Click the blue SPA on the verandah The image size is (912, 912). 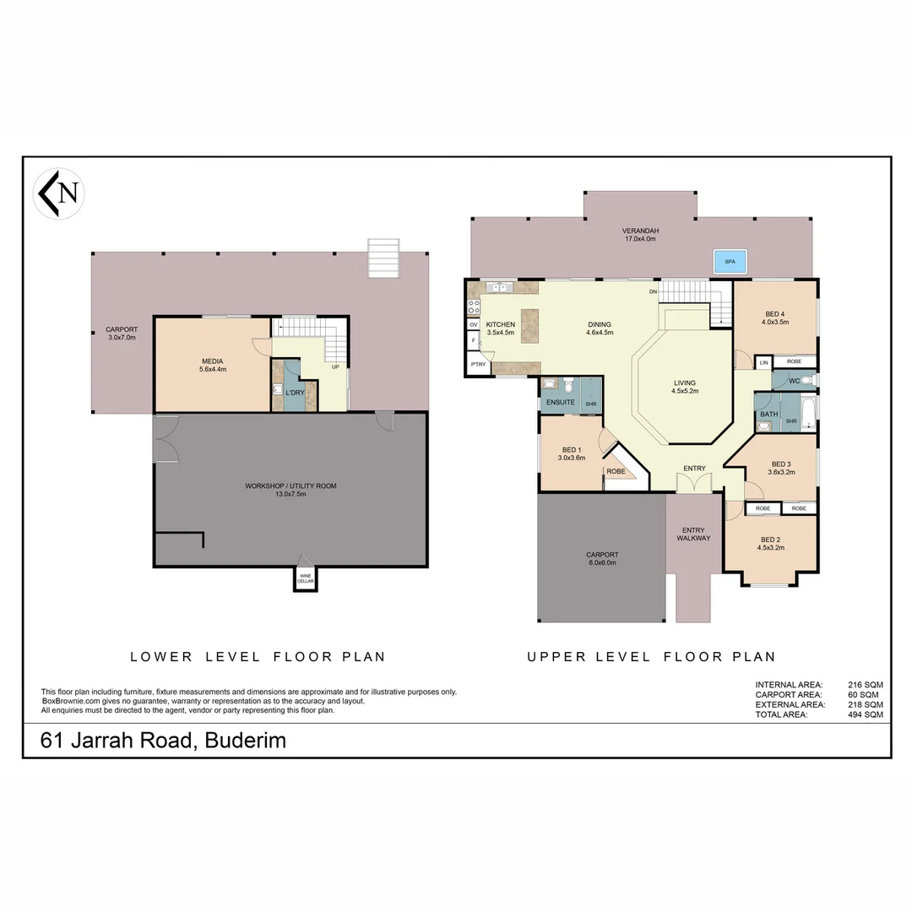click(730, 263)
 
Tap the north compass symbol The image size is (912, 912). click(58, 193)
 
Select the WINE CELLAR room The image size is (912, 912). click(305, 578)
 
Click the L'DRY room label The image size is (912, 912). click(295, 393)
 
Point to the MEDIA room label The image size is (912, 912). click(212, 361)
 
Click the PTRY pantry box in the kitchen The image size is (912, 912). click(477, 365)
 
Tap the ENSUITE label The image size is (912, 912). click(560, 403)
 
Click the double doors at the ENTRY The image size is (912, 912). click(694, 483)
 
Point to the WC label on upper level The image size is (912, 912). click(794, 381)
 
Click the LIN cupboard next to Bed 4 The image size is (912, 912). click(763, 362)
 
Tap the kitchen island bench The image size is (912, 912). click(529, 325)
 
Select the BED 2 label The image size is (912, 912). click(770, 540)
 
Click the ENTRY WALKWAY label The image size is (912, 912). click(693, 534)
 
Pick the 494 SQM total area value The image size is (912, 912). click(866, 714)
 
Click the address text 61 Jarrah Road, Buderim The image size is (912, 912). click(164, 741)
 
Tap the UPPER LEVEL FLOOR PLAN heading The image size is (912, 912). click(651, 656)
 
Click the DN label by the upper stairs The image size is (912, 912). click(653, 292)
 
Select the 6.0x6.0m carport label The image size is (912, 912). click(601, 559)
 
